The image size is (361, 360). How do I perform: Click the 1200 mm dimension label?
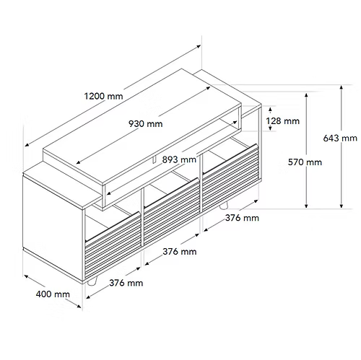pyautogui.click(x=103, y=96)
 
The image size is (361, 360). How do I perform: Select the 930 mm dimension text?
pyautogui.click(x=146, y=124)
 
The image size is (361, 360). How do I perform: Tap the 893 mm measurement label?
pyautogui.click(x=179, y=159)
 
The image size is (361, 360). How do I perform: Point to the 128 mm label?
pyautogui.click(x=283, y=120)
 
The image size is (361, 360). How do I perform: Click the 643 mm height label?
pyautogui.click(x=340, y=139)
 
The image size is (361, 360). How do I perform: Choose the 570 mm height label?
pyautogui.click(x=305, y=162)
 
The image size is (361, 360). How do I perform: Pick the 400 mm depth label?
pyautogui.click(x=53, y=294)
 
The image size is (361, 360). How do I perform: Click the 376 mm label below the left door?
pyautogui.click(x=126, y=283)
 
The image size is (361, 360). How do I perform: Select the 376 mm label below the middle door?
pyautogui.click(x=180, y=252)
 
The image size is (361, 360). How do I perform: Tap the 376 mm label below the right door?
pyautogui.click(x=242, y=218)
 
